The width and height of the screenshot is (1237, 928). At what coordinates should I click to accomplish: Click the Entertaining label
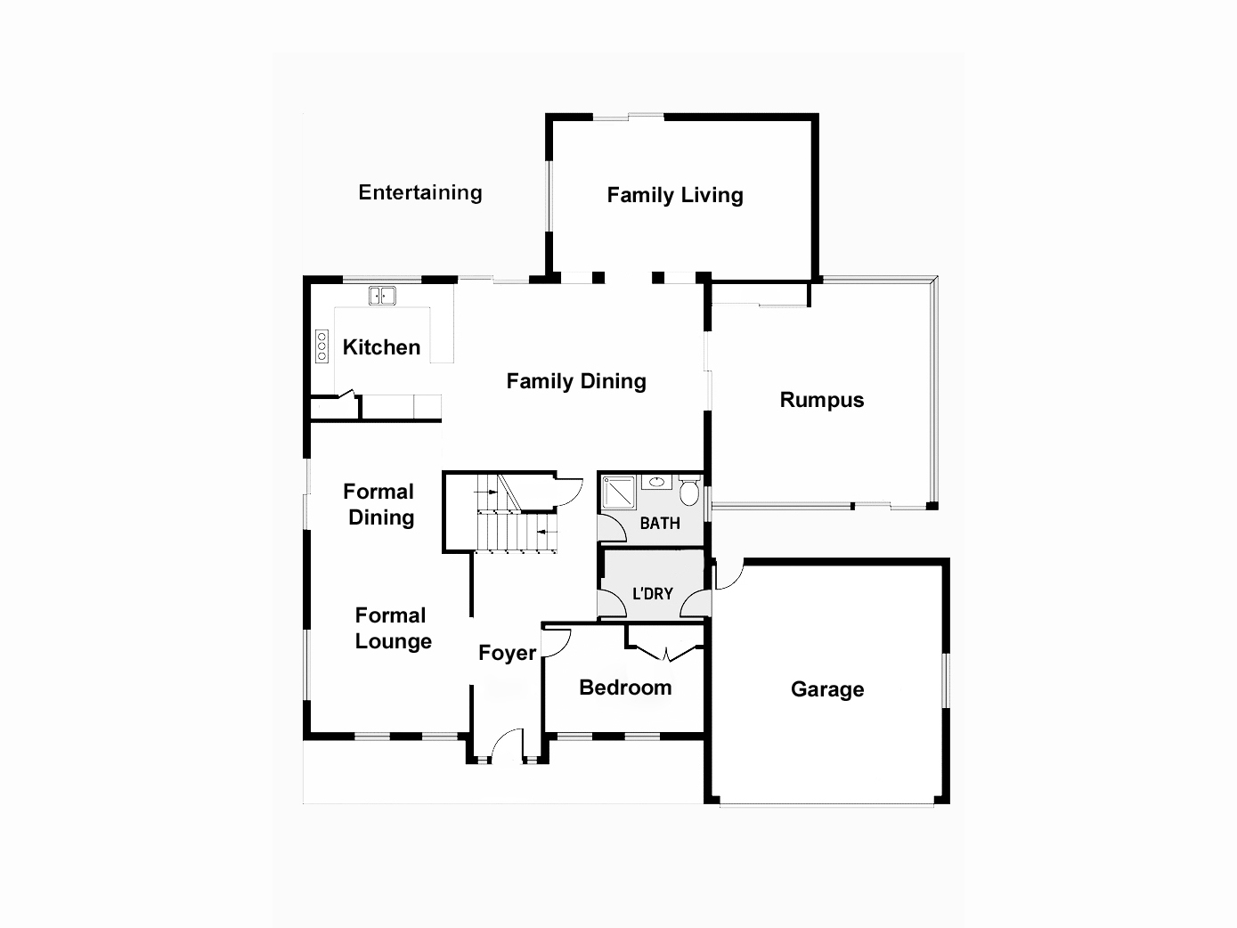[419, 192]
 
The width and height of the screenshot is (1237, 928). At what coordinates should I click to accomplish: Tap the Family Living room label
[674, 195]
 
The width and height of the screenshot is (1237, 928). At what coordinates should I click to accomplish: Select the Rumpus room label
[821, 400]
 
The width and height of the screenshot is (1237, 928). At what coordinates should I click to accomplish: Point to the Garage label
[826, 689]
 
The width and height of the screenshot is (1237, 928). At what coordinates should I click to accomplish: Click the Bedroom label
[624, 688]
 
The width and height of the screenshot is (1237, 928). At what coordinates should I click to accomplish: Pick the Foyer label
[507, 653]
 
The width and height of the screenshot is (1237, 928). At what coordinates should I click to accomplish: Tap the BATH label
[659, 523]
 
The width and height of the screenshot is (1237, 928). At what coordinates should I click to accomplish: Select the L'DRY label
[652, 593]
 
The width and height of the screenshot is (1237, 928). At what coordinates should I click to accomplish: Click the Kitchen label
[381, 347]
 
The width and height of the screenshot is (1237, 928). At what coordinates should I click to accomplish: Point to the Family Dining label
[575, 381]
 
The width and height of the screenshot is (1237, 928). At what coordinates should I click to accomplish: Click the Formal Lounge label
[393, 628]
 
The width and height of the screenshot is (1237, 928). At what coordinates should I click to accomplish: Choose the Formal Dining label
[379, 504]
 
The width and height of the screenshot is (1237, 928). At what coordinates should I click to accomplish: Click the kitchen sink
[382, 296]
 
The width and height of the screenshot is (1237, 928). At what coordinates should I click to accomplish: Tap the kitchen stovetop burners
[321, 346]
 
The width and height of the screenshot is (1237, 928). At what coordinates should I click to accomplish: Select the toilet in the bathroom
[689, 492]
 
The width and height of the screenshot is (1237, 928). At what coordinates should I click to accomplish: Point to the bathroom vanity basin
[657, 483]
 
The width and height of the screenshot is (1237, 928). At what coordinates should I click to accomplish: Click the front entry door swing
[508, 747]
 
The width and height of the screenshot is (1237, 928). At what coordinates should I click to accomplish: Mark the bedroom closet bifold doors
[664, 654]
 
